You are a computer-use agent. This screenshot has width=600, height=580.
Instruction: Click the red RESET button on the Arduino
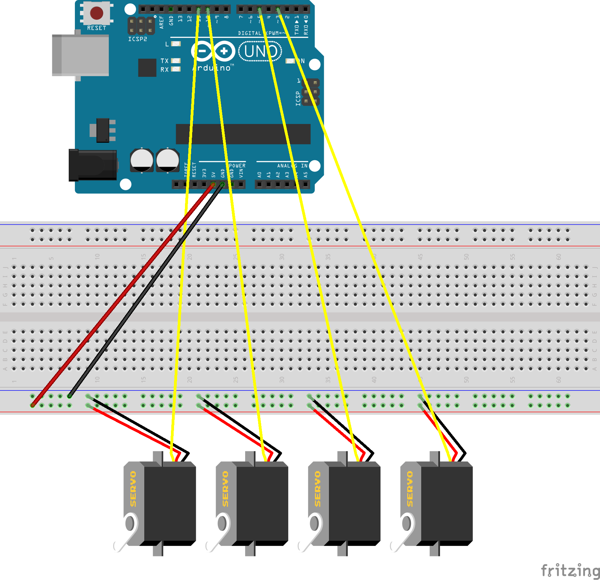pyautogui.click(x=96, y=13)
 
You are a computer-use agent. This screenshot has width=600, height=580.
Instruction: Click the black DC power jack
pyautogui.click(x=93, y=165)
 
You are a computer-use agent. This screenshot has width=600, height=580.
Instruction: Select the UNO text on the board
pyautogui.click(x=260, y=52)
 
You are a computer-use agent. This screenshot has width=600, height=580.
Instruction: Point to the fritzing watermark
pyautogui.click(x=570, y=570)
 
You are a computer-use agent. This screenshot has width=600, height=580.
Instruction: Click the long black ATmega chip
pyautogui.click(x=243, y=134)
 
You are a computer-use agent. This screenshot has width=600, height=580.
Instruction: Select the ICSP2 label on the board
pyautogui.click(x=137, y=39)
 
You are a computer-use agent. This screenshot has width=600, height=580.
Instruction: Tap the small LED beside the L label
pyautogui.click(x=176, y=44)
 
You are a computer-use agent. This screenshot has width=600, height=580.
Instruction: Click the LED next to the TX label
pyautogui.click(x=176, y=60)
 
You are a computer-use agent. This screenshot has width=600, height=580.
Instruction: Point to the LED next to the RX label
pyautogui.click(x=176, y=69)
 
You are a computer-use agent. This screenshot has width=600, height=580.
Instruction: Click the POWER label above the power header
pyautogui.click(x=237, y=166)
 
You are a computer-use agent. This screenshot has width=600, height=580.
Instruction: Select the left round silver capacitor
pyautogui.click(x=142, y=160)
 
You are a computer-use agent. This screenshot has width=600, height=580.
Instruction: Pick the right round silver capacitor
pyautogui.click(x=168, y=160)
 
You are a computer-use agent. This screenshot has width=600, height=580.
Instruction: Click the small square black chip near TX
pyautogui.click(x=147, y=68)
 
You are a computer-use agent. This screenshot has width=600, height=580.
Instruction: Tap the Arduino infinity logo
pyautogui.click(x=213, y=51)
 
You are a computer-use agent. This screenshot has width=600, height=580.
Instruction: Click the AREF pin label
pyautogui.click(x=162, y=22)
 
